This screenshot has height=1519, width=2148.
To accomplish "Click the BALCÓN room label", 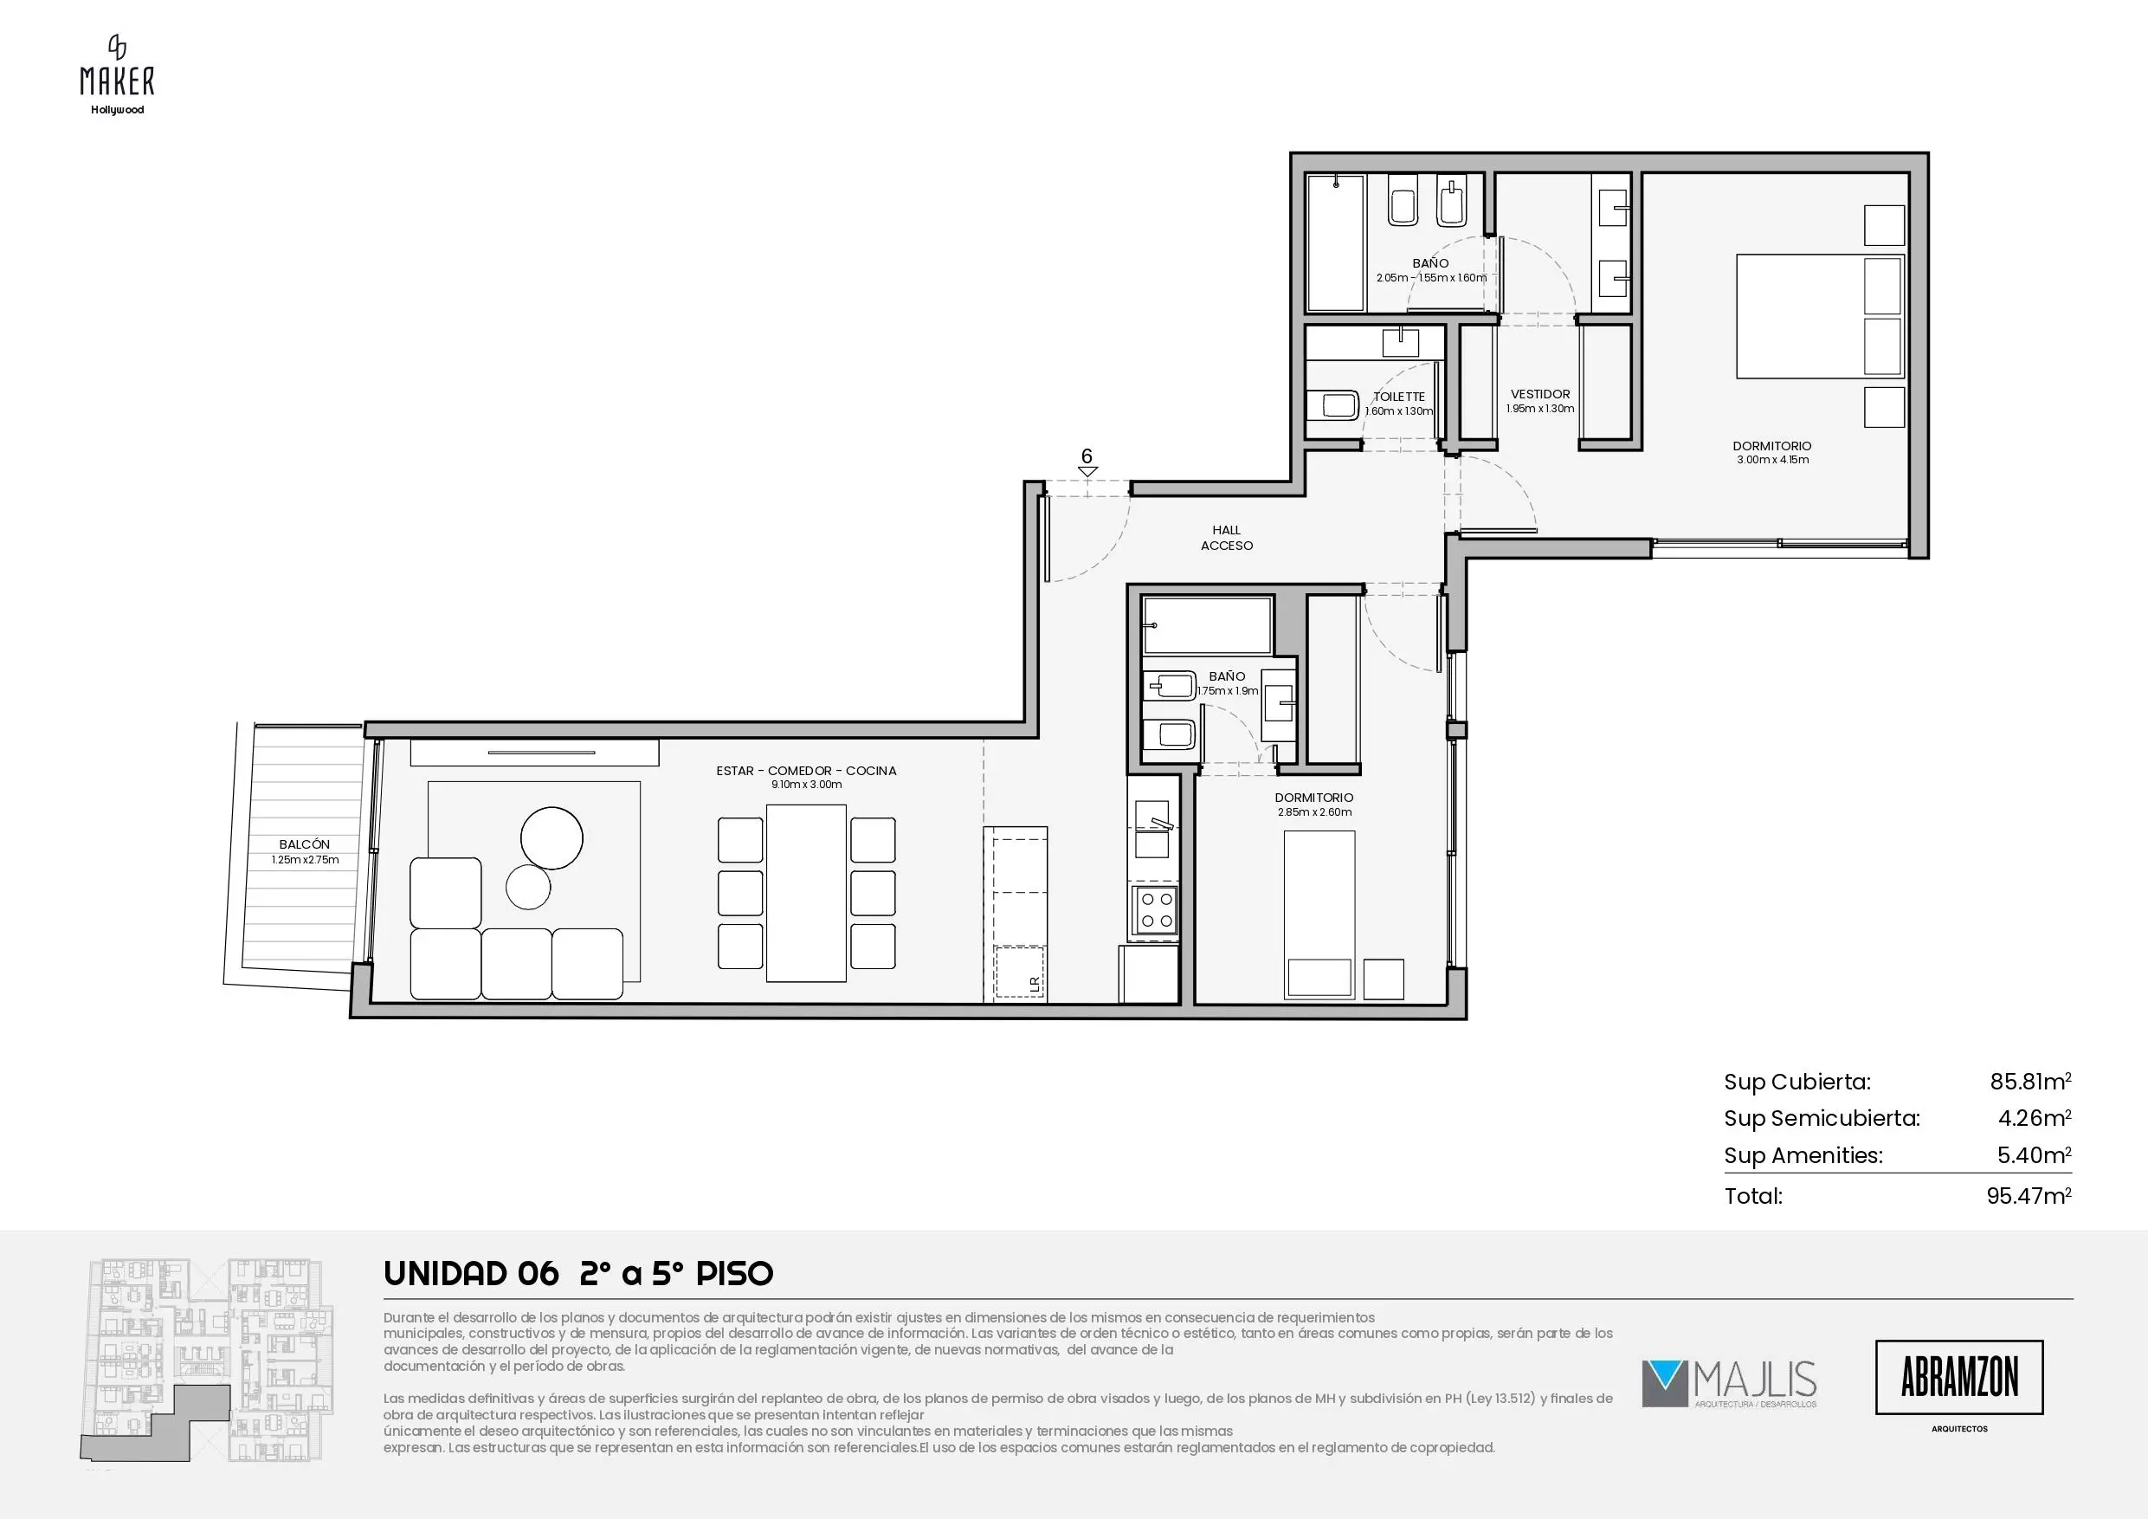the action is pyautogui.click(x=304, y=844).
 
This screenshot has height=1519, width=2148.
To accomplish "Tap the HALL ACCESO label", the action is pyautogui.click(x=1227, y=538).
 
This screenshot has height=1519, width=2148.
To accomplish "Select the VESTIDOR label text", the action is pyautogui.click(x=1540, y=394).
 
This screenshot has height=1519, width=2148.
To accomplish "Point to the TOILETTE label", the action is pyautogui.click(x=1398, y=397).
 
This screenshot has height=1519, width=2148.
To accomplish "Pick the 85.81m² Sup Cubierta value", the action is pyautogui.click(x=2030, y=1082).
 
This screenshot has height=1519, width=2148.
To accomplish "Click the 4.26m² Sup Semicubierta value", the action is pyautogui.click(x=2034, y=1118).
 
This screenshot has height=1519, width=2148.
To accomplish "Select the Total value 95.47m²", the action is pyautogui.click(x=2029, y=1196).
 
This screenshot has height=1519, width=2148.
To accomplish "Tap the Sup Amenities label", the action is pyautogui.click(x=1803, y=1156).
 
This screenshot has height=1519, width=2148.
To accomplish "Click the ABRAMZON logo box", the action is pyautogui.click(x=1959, y=1377).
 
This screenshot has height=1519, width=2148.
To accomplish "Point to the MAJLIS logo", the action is pyautogui.click(x=1729, y=1383).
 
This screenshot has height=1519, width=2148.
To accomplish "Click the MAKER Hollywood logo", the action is pyautogui.click(x=117, y=74).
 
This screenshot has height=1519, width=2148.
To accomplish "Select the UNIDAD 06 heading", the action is pyautogui.click(x=472, y=1274).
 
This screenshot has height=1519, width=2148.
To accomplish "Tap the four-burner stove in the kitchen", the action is pyautogui.click(x=1154, y=909).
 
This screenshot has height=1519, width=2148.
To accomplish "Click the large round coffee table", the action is pyautogui.click(x=552, y=838).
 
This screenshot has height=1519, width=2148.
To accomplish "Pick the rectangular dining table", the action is pyautogui.click(x=805, y=893).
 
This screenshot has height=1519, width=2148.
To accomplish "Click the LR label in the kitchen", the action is pyautogui.click(x=1035, y=984).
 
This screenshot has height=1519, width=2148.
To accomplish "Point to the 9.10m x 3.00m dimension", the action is pyautogui.click(x=806, y=785).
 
